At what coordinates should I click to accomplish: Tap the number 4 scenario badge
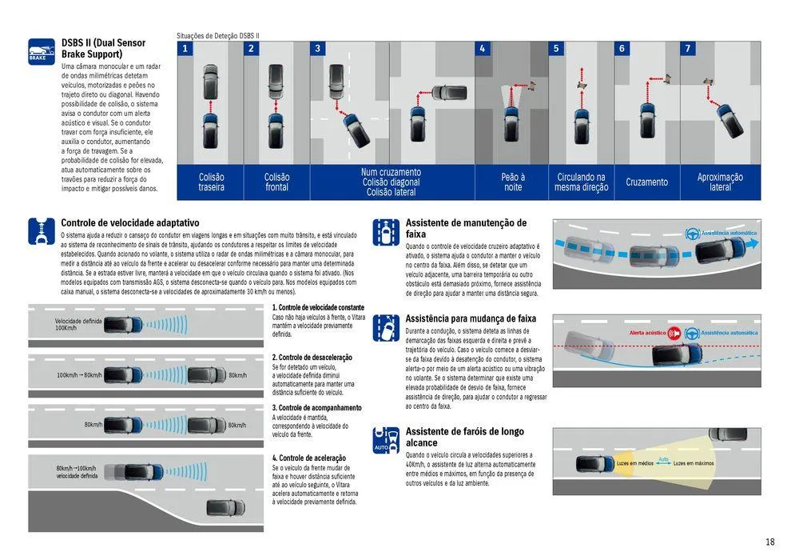(482, 49)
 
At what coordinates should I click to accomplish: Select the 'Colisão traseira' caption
(211, 182)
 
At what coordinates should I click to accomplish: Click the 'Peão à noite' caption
(513, 182)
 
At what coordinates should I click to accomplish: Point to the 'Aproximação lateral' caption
(720, 182)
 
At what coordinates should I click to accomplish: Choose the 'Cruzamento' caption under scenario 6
(646, 182)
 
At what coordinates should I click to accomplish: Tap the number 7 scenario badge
(687, 49)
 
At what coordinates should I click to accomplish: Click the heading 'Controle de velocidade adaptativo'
(130, 222)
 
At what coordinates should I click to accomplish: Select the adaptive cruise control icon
(42, 230)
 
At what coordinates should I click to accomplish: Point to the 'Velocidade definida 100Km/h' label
(78, 324)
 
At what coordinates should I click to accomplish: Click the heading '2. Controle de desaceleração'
(312, 358)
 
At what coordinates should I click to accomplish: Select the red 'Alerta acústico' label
(646, 332)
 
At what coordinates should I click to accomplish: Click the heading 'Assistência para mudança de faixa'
(471, 318)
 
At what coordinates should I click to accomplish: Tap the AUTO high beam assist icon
(386, 440)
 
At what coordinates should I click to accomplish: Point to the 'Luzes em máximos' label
(694, 463)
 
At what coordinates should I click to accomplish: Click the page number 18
(769, 542)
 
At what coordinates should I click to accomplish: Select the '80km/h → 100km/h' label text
(77, 468)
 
